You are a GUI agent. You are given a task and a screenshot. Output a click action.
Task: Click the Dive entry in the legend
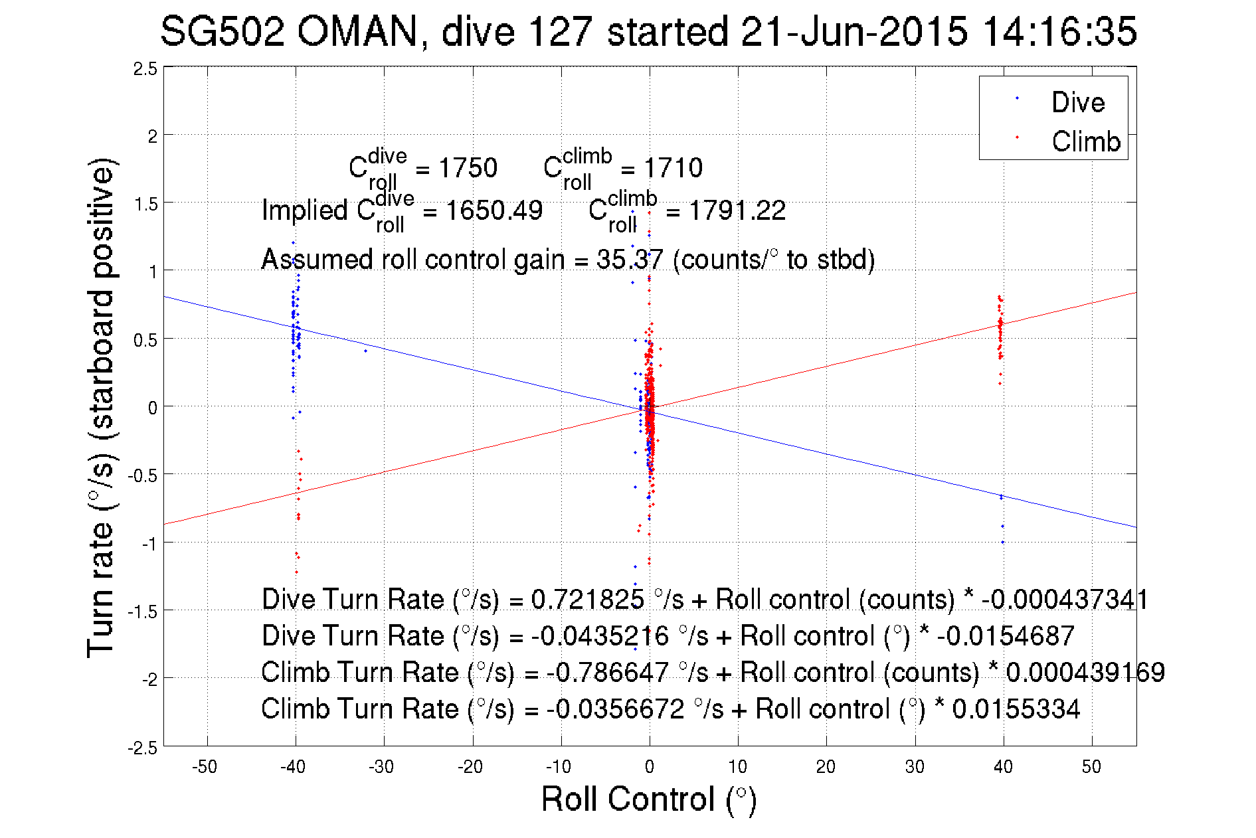[x=1077, y=102]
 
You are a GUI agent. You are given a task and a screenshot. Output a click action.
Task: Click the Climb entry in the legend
[x=1085, y=141]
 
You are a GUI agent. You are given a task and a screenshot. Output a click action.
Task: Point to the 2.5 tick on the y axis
[x=145, y=69]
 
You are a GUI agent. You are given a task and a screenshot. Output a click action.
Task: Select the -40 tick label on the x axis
[x=292, y=767]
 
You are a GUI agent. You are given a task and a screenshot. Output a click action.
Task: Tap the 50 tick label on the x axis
[x=1091, y=767]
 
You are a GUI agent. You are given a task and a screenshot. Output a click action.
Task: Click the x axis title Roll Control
[x=648, y=799]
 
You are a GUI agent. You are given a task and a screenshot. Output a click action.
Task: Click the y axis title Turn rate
[x=100, y=408]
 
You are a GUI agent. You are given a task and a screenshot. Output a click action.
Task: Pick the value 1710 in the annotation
[x=673, y=168]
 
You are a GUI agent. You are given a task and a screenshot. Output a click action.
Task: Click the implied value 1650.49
[x=493, y=210]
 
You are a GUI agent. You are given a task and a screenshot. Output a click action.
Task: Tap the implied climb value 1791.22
[x=737, y=210]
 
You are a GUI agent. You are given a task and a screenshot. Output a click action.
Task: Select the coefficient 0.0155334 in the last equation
[x=1016, y=709]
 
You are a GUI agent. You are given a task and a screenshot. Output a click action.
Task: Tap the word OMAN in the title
[x=357, y=31]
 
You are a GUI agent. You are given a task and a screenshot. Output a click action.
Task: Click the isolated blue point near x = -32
[x=365, y=351]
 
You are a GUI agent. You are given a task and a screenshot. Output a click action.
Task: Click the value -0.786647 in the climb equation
[x=607, y=672]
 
